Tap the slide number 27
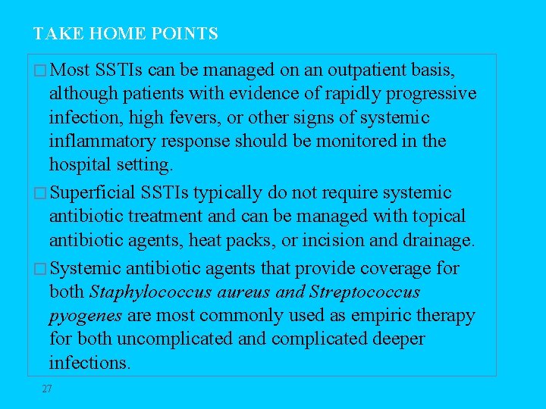(47, 389)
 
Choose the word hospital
(81, 165)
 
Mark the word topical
(438, 217)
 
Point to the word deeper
(398, 339)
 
